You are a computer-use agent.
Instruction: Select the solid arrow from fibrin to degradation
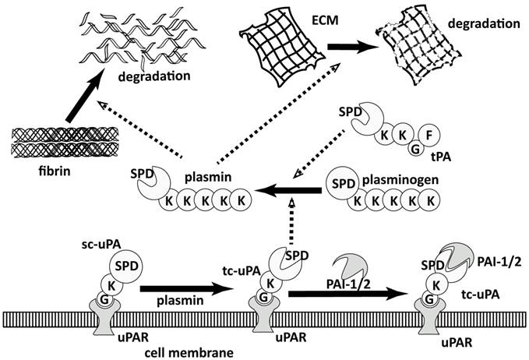[x=87, y=98]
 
